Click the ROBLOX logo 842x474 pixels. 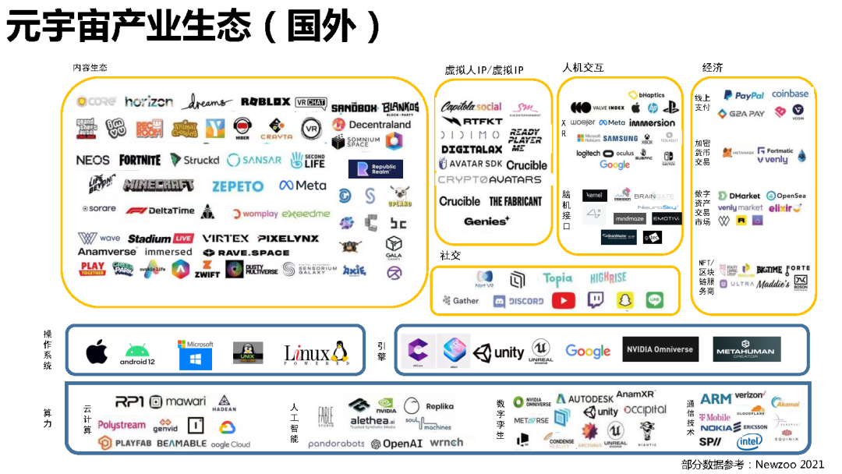[x=265, y=102]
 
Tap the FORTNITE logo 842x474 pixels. [x=140, y=160]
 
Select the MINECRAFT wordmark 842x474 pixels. [x=159, y=186]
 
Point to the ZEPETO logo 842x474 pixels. [x=238, y=186]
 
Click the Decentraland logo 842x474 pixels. [x=370, y=124]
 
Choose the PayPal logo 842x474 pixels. [x=744, y=95]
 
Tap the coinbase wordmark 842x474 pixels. [x=790, y=94]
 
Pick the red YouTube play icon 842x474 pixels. [x=564, y=300]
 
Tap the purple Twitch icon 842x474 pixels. [x=595, y=300]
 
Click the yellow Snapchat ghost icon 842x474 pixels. [x=625, y=300]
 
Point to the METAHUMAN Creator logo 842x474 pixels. [x=748, y=349]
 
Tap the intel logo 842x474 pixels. [x=749, y=442]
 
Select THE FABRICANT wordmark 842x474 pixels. [x=515, y=201]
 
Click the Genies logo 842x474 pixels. [x=486, y=221]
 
